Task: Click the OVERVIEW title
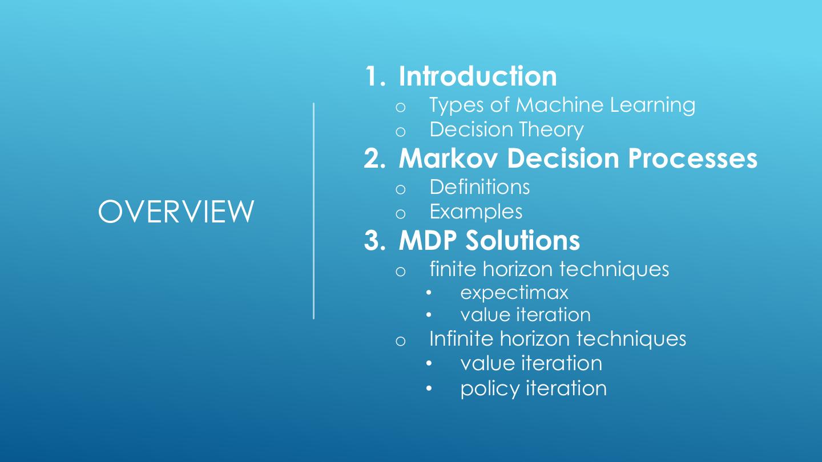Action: (x=176, y=212)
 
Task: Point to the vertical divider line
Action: (x=313, y=211)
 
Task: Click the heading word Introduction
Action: (x=477, y=76)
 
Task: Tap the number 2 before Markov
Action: (x=374, y=159)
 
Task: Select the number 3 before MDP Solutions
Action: (x=374, y=240)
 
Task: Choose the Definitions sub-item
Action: (x=479, y=187)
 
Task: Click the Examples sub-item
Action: (x=476, y=212)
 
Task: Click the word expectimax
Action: (x=514, y=293)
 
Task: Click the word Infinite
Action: (x=461, y=338)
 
